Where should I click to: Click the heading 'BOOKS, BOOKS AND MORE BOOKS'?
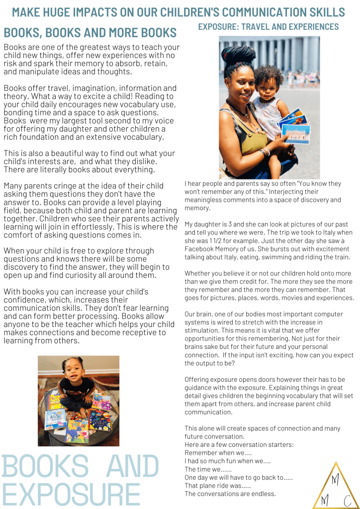point(90,33)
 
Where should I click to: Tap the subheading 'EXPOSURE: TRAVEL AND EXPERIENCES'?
point(269,27)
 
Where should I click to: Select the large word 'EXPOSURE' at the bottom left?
point(72,494)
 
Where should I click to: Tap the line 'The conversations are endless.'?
point(230,494)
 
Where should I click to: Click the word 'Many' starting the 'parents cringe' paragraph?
point(13,186)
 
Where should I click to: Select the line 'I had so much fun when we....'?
point(227,461)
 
